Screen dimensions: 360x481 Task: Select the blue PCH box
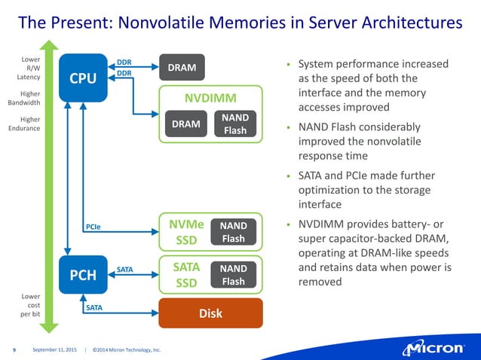coord(83,275)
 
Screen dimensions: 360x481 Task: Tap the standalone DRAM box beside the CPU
coord(182,68)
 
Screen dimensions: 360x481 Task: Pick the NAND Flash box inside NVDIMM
coord(234,124)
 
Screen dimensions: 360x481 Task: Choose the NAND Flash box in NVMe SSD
coord(234,233)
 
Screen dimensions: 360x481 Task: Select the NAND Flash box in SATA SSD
coord(234,275)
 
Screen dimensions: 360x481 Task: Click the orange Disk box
coord(210,313)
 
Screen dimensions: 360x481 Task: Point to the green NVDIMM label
coord(210,99)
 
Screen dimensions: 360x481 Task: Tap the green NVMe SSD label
coord(185,232)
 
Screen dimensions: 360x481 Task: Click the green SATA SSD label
coord(185,275)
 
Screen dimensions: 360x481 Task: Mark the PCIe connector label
coord(93,225)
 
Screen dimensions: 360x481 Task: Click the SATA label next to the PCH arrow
coord(125,268)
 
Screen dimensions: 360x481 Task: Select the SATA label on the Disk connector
coord(93,307)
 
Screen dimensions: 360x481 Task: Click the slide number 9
coord(14,349)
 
